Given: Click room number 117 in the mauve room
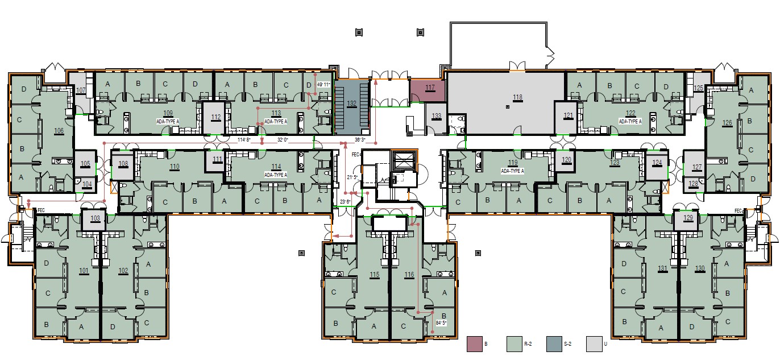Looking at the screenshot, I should (430, 88).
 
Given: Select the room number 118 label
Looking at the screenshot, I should (517, 97).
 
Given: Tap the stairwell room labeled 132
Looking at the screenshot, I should (352, 103).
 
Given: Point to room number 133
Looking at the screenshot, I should (437, 116).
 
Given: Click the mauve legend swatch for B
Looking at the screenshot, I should (474, 344).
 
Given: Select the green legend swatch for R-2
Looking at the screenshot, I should (515, 344).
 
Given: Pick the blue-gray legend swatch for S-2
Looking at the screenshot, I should (554, 344).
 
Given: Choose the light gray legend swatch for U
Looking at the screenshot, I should (594, 344).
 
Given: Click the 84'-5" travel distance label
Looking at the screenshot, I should (441, 323).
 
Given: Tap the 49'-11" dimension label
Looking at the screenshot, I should (323, 85).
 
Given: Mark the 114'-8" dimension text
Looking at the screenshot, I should (244, 139).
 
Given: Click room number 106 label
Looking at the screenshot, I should (59, 131).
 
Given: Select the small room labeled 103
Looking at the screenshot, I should (95, 218).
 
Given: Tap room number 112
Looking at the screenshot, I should (215, 117).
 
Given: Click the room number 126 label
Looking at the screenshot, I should (727, 122).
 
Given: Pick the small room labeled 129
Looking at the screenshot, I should (688, 218).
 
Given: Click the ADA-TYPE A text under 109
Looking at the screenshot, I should (168, 122).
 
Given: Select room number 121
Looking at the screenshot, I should (569, 115).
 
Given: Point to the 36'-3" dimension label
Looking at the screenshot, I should (360, 139).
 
